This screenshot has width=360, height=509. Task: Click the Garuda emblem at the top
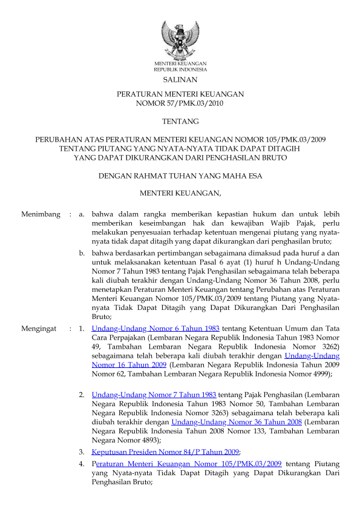click(x=180, y=39)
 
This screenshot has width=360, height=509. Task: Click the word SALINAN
click(x=180, y=79)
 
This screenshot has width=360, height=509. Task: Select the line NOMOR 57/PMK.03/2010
click(x=180, y=103)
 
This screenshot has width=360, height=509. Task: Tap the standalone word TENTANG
click(x=180, y=122)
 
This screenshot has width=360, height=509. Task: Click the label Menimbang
click(x=41, y=214)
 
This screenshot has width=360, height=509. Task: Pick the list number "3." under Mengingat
click(x=81, y=452)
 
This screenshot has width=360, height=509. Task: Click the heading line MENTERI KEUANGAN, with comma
click(x=180, y=194)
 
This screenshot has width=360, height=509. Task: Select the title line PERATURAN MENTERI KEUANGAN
click(x=180, y=94)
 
